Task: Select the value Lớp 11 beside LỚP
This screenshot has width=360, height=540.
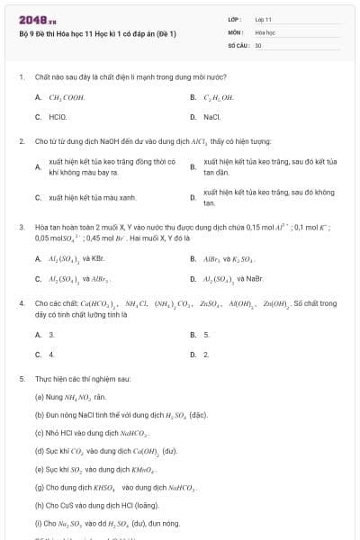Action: click(264, 19)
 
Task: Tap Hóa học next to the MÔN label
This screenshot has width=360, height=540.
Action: click(264, 31)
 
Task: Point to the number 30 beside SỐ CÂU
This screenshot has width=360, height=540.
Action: click(258, 44)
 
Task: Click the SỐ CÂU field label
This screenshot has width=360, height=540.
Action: click(237, 44)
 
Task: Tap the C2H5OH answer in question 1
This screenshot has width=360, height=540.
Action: click(218, 97)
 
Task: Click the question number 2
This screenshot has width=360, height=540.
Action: click(21, 141)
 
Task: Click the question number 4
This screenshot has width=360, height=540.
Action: click(21, 304)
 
